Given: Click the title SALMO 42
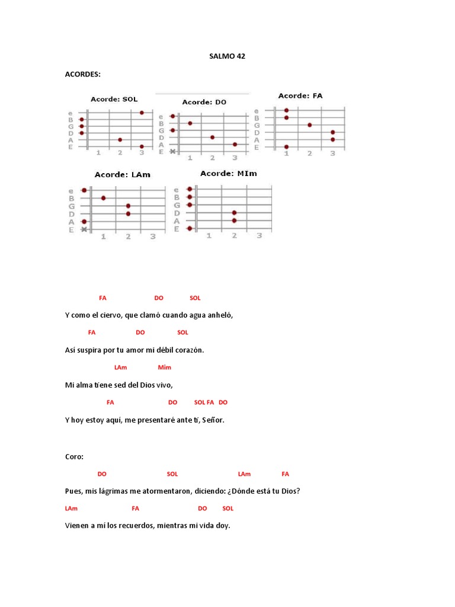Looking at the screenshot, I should [227, 56].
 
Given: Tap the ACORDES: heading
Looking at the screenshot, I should [82, 74].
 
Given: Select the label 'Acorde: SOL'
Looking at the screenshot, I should [114, 99].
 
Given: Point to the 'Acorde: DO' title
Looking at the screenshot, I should [204, 102].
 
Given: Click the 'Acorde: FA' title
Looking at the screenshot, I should [300, 95].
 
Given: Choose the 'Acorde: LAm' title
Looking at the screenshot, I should [122, 175].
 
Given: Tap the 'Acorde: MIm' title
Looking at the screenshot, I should [228, 173].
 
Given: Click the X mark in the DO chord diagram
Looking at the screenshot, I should [172, 152].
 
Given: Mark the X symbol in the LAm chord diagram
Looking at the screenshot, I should [84, 229].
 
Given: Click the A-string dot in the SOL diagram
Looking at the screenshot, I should [120, 140].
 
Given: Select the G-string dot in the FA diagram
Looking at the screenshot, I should [309, 125].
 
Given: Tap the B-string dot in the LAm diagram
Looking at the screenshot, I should [103, 198].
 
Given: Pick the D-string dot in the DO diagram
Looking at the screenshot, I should [212, 137].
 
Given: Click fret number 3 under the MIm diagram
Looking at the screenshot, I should [259, 236].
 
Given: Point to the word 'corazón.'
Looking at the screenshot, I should [187, 350].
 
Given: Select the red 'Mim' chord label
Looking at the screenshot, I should [164, 368].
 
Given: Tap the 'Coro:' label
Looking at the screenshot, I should [74, 456].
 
